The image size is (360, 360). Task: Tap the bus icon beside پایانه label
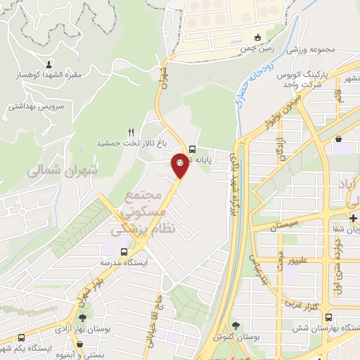click(192, 148)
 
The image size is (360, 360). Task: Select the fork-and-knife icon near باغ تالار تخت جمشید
click(130, 132)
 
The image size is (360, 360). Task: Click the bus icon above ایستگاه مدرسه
click(124, 251)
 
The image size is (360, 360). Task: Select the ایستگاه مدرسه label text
click(125, 262)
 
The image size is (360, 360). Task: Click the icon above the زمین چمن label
click(258, 37)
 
